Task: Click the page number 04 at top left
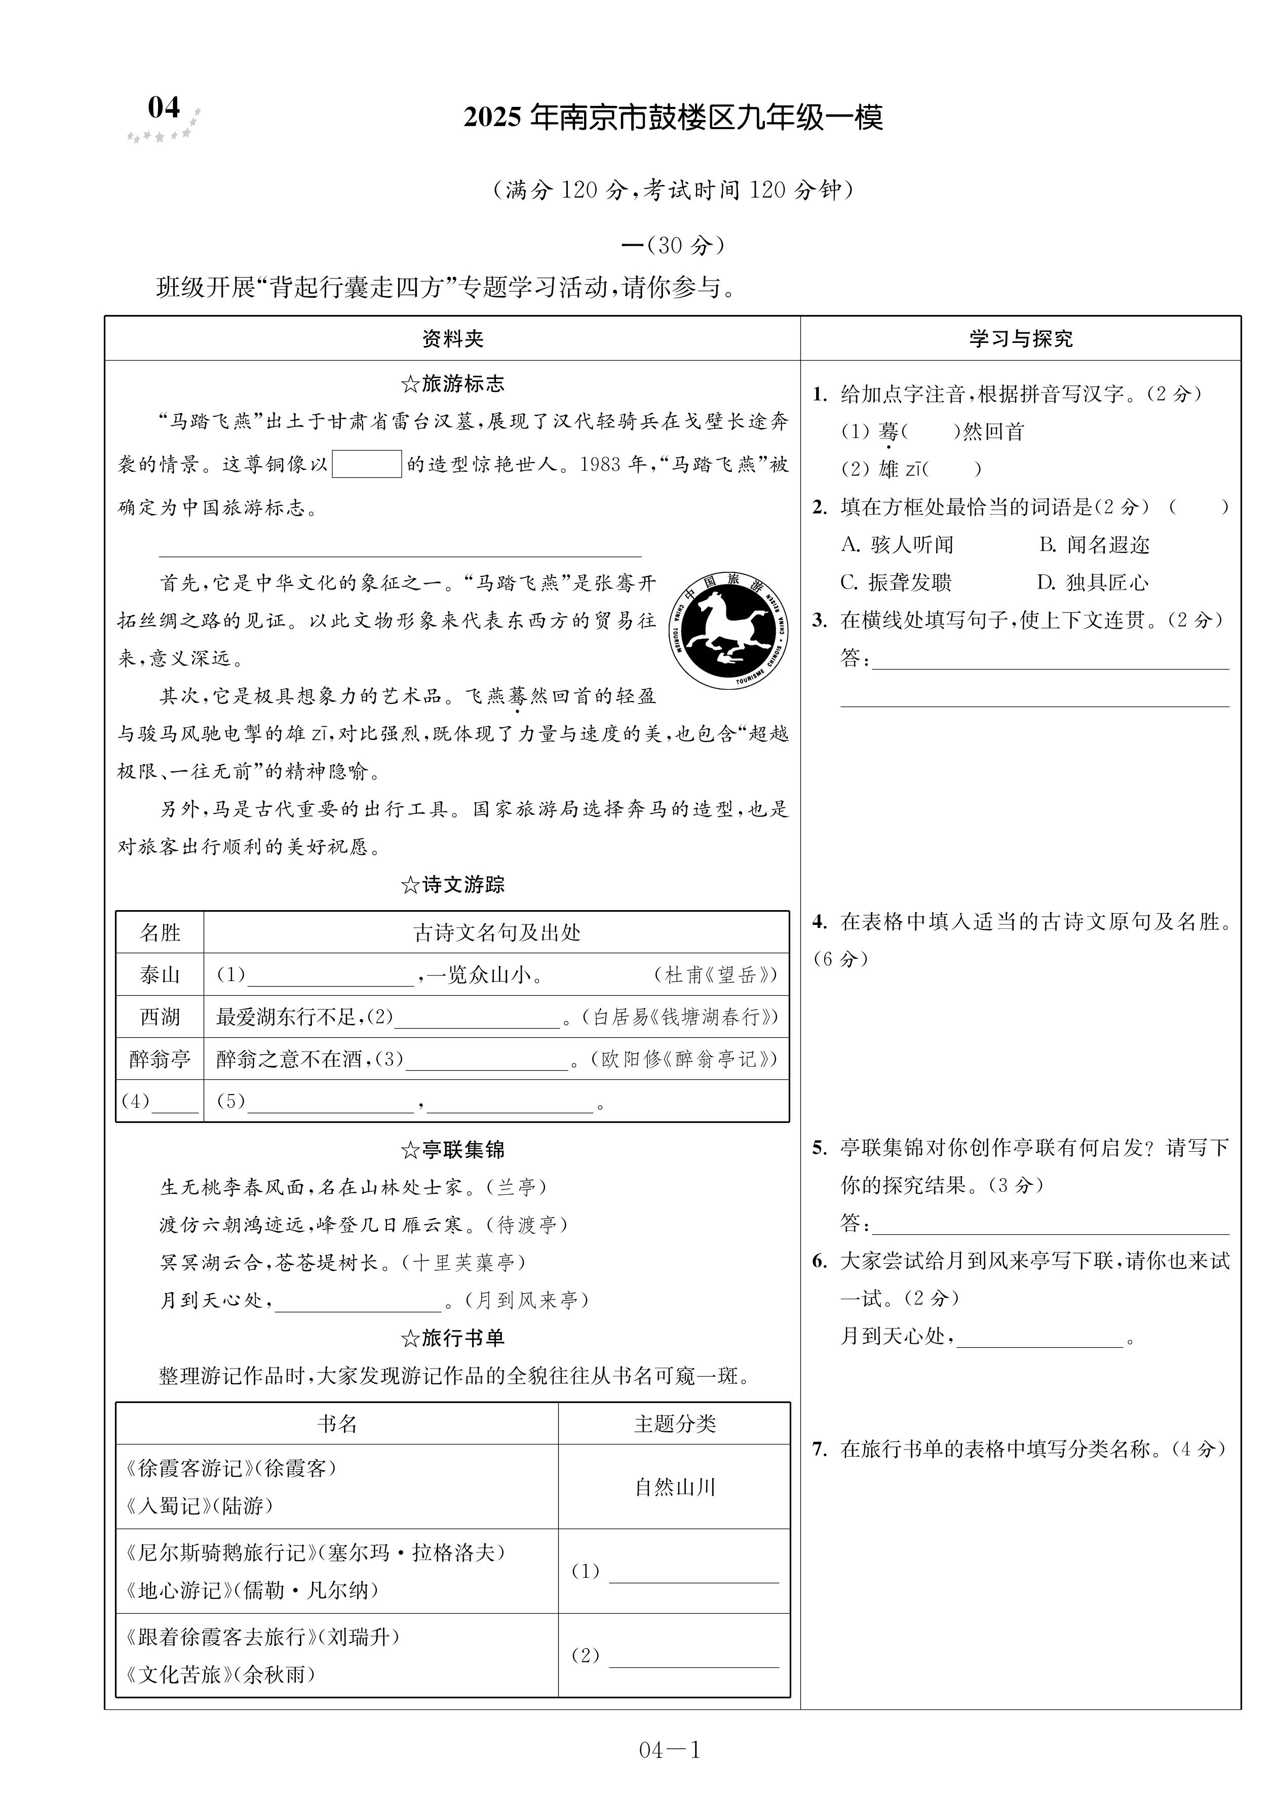coord(164,107)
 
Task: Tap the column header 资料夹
coord(452,338)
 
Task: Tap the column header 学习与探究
coord(1020,338)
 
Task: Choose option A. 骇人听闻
coord(897,544)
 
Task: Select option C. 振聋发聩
coord(896,582)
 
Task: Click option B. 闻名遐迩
coord(1094,544)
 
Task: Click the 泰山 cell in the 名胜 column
coord(160,975)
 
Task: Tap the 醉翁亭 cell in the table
coord(160,1059)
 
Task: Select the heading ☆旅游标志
coord(452,384)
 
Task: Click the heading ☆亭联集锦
coord(452,1150)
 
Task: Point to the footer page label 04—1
coord(669,1749)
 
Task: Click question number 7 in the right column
coord(820,1449)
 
